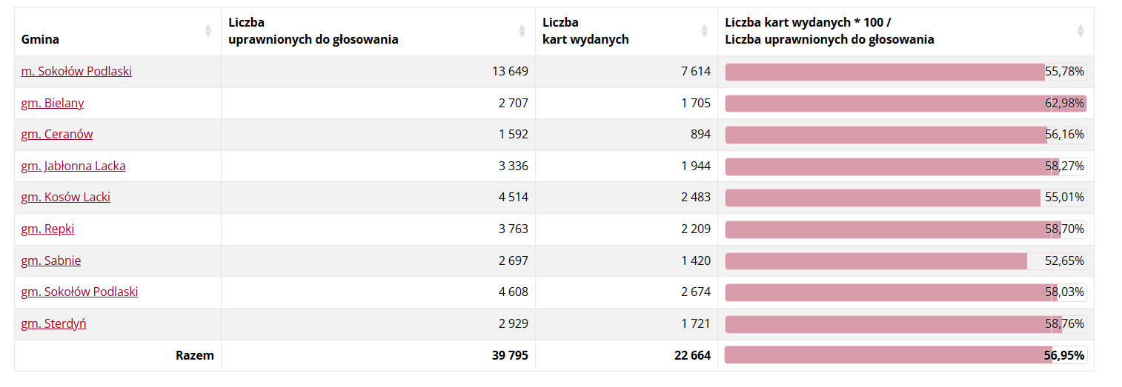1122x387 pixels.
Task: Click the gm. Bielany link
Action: (x=53, y=103)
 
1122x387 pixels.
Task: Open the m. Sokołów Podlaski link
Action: (x=76, y=71)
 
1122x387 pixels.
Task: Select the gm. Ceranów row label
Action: (x=57, y=134)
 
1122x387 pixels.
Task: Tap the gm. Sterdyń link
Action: (x=53, y=323)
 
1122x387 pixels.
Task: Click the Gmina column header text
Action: (x=40, y=39)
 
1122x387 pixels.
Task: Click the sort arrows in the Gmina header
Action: (x=208, y=31)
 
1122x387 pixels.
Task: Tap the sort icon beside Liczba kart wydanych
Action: (x=705, y=31)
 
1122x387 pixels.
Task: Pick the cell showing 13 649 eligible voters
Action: (x=510, y=71)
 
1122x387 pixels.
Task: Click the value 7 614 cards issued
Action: (x=696, y=71)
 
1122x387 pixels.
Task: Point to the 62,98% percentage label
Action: (x=1065, y=103)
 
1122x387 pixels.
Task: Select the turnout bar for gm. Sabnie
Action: (x=876, y=260)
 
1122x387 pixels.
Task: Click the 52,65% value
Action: (x=1065, y=260)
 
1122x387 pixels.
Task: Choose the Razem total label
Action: (x=195, y=355)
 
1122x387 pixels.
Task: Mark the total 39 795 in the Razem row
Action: (x=510, y=355)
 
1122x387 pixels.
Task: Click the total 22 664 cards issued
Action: (x=692, y=355)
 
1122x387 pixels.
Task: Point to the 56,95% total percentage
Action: (x=1064, y=355)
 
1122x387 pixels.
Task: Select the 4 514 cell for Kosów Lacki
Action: (x=514, y=197)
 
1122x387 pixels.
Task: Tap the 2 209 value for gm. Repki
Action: (x=696, y=229)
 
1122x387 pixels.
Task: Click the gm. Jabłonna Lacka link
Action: (x=73, y=166)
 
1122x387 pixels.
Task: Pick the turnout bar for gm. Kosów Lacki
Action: (x=883, y=198)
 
